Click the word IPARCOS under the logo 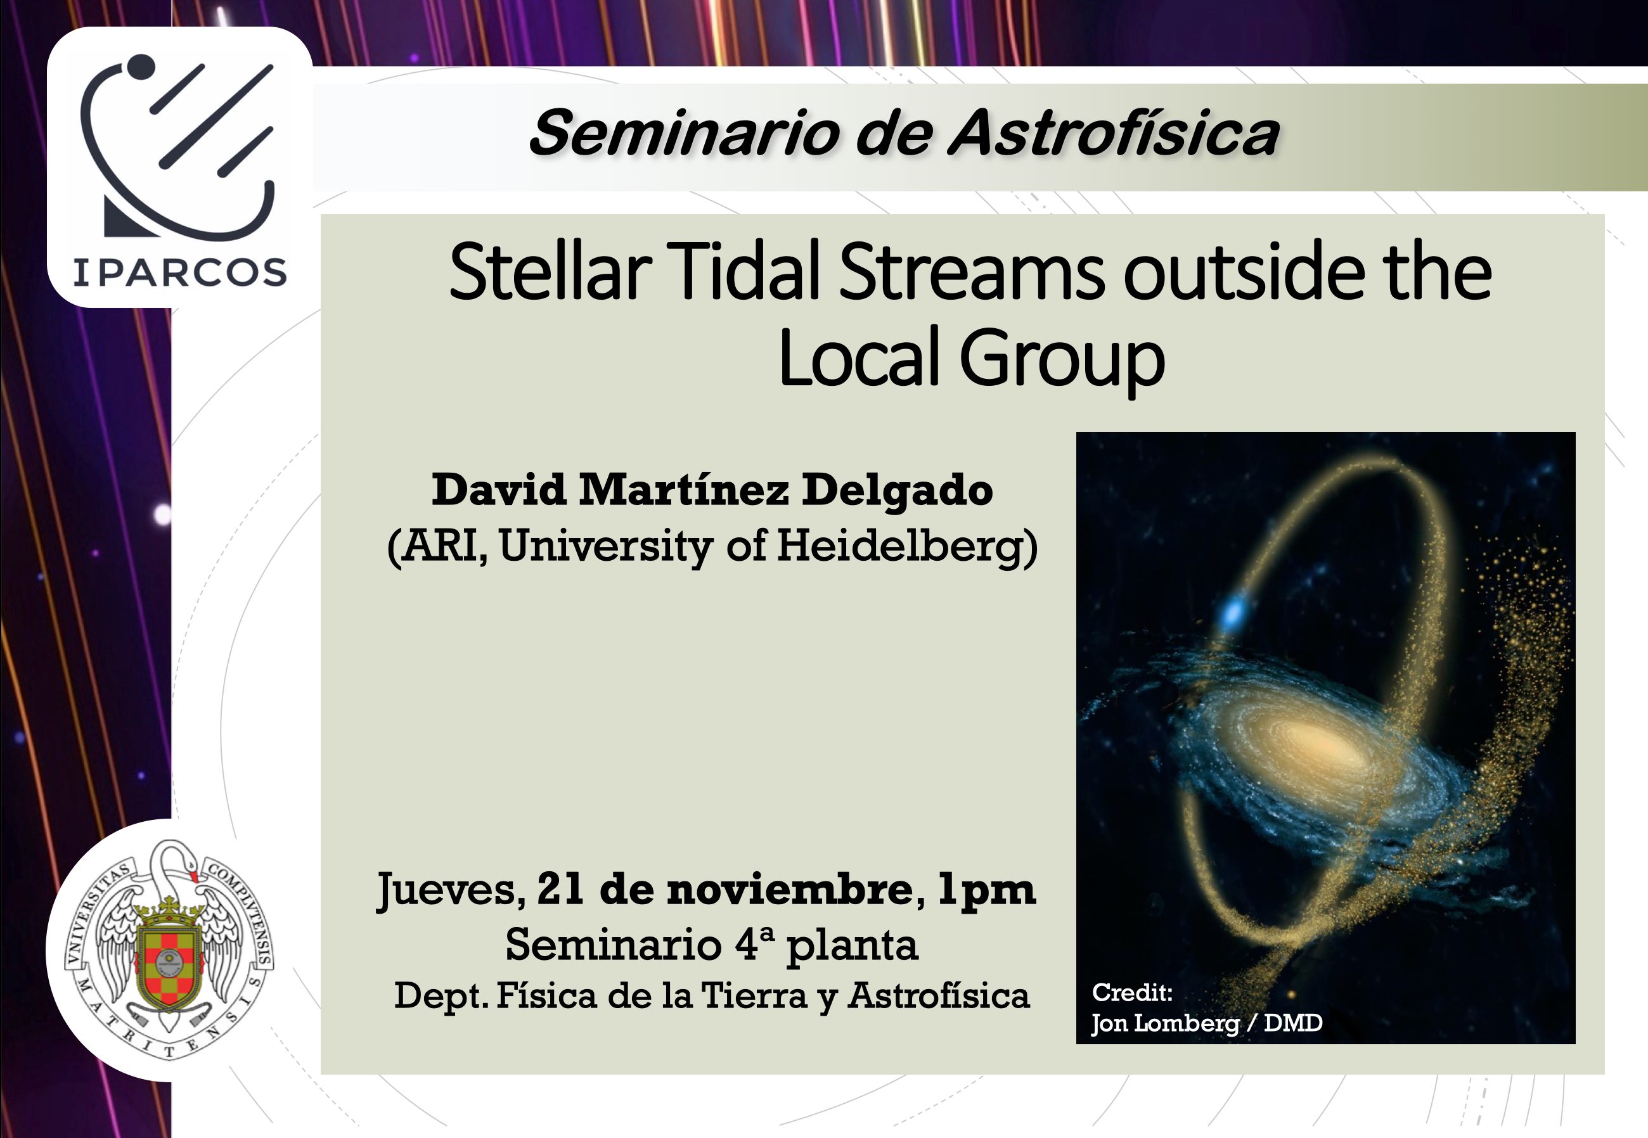pyautogui.click(x=180, y=272)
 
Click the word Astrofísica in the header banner pyautogui.click(x=1114, y=132)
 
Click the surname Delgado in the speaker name pyautogui.click(x=897, y=490)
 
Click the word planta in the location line pyautogui.click(x=852, y=947)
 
